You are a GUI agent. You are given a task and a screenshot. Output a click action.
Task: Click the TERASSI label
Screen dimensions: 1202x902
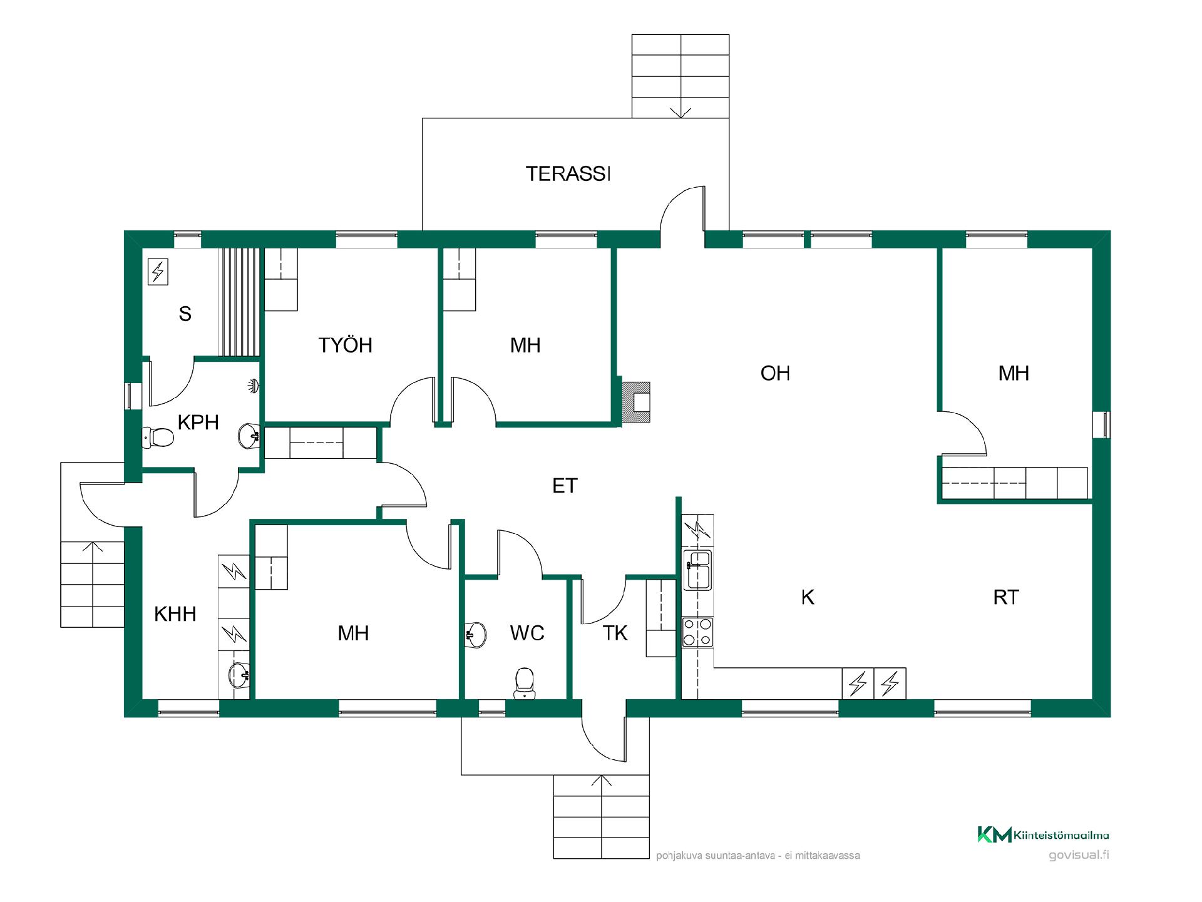[568, 173]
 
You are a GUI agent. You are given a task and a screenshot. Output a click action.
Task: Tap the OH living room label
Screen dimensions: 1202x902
[775, 373]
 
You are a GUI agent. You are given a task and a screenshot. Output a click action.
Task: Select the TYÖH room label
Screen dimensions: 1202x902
[345, 345]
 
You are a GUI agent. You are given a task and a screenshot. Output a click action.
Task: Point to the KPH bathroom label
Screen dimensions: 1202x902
[198, 423]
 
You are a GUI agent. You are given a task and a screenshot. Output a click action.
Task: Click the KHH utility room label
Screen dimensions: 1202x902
[175, 614]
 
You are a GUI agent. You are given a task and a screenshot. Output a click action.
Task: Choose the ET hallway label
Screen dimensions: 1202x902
[565, 486]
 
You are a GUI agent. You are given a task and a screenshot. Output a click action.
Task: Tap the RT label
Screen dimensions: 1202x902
[1006, 597]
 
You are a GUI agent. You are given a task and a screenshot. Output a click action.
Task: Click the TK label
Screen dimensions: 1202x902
[615, 633]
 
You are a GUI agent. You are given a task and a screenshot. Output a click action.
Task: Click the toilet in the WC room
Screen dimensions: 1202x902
[524, 683]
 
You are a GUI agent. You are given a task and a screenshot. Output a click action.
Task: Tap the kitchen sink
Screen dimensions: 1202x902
[697, 570]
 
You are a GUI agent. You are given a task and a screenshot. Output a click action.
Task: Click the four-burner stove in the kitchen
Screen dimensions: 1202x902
[697, 632]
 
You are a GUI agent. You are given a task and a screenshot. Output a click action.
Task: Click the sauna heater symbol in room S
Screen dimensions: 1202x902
[158, 272]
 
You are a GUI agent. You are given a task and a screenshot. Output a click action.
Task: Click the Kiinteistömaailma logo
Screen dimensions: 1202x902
[1043, 834]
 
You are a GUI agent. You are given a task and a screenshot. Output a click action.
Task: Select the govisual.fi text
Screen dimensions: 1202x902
[1079, 855]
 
